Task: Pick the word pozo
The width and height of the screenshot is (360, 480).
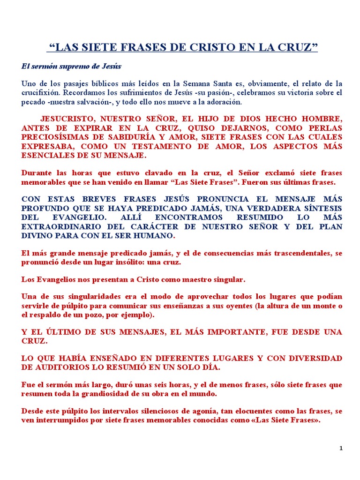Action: tap(120, 315)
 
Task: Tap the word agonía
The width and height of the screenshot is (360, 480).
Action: tap(200, 412)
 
